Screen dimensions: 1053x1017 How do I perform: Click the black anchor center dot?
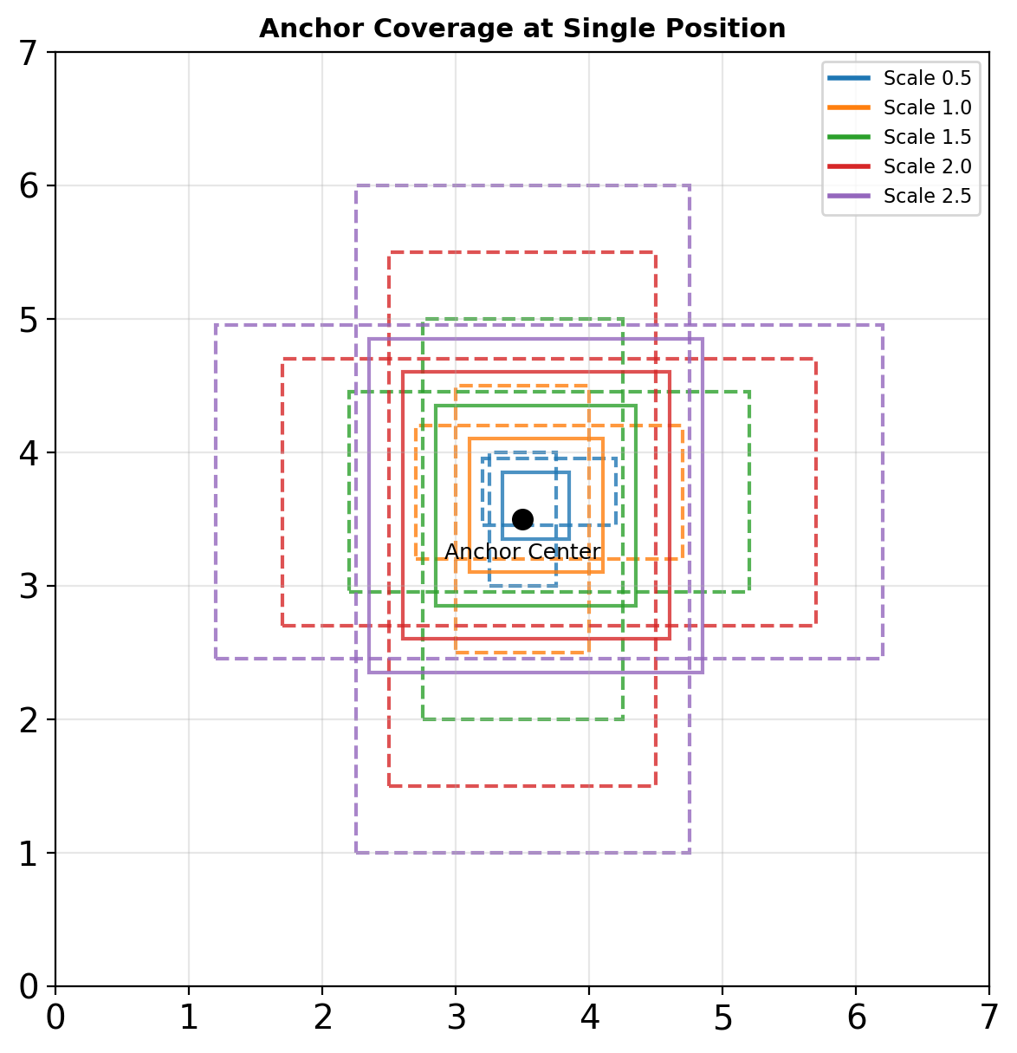point(522,519)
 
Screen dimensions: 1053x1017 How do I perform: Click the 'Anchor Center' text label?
point(522,552)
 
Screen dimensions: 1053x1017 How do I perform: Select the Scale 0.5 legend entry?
point(927,78)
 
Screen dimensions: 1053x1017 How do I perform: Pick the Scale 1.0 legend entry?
point(927,107)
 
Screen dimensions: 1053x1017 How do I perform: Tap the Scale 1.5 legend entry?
point(927,137)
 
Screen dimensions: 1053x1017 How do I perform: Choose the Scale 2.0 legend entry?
point(927,166)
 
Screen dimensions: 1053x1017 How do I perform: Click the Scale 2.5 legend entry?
point(927,196)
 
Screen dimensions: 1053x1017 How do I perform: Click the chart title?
point(522,29)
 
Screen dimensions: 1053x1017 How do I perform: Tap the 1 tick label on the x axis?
point(189,1018)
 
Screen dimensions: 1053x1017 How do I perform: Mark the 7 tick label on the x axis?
point(988,1018)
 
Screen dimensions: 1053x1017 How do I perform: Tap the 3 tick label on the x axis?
point(456,1018)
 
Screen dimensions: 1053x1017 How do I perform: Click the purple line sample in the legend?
point(850,196)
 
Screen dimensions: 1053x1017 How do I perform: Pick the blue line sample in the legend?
point(850,78)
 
